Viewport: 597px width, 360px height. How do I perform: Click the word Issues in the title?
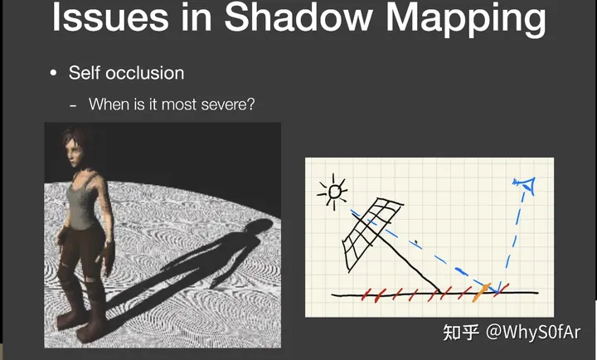pyautogui.click(x=110, y=18)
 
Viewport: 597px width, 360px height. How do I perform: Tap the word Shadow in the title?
pyautogui.click(x=298, y=17)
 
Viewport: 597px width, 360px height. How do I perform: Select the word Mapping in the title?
pyautogui.click(x=466, y=20)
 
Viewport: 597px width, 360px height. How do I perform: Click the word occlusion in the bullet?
pyautogui.click(x=144, y=73)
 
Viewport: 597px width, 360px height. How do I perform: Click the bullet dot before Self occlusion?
pyautogui.click(x=53, y=73)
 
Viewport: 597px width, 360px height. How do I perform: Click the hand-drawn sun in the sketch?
pyautogui.click(x=332, y=192)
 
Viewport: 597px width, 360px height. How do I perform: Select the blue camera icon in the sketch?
pyautogui.click(x=525, y=185)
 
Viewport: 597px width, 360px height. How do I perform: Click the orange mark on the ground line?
pyautogui.click(x=481, y=293)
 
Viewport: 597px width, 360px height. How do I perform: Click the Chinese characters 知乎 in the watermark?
pyautogui.click(x=461, y=332)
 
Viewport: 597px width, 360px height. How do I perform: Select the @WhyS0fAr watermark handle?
pyautogui.click(x=533, y=332)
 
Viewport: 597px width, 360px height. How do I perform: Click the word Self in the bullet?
pyautogui.click(x=85, y=73)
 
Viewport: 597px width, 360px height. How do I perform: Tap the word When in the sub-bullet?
pyautogui.click(x=109, y=105)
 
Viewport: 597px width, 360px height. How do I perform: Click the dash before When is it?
pyautogui.click(x=73, y=106)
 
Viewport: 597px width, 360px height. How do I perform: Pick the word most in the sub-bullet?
pyautogui.click(x=179, y=105)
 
